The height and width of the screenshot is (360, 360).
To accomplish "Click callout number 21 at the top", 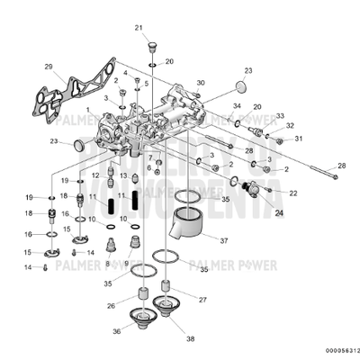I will tap(139, 29).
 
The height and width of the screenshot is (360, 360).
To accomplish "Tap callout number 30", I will tap(201, 83).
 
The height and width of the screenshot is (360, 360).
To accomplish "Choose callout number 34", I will tap(237, 106).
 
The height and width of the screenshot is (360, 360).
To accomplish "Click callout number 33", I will tap(279, 116).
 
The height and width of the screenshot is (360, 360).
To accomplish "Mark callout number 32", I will tap(291, 126).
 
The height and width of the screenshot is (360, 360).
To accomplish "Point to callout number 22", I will tap(293, 193).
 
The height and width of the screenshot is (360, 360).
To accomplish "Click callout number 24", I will tap(278, 213).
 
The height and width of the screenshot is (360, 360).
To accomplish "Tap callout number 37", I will tap(223, 241).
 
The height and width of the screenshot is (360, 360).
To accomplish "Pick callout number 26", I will tap(111, 305).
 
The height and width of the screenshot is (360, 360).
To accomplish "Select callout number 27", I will tap(202, 299).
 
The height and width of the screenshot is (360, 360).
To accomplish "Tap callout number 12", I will tap(94, 175).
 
